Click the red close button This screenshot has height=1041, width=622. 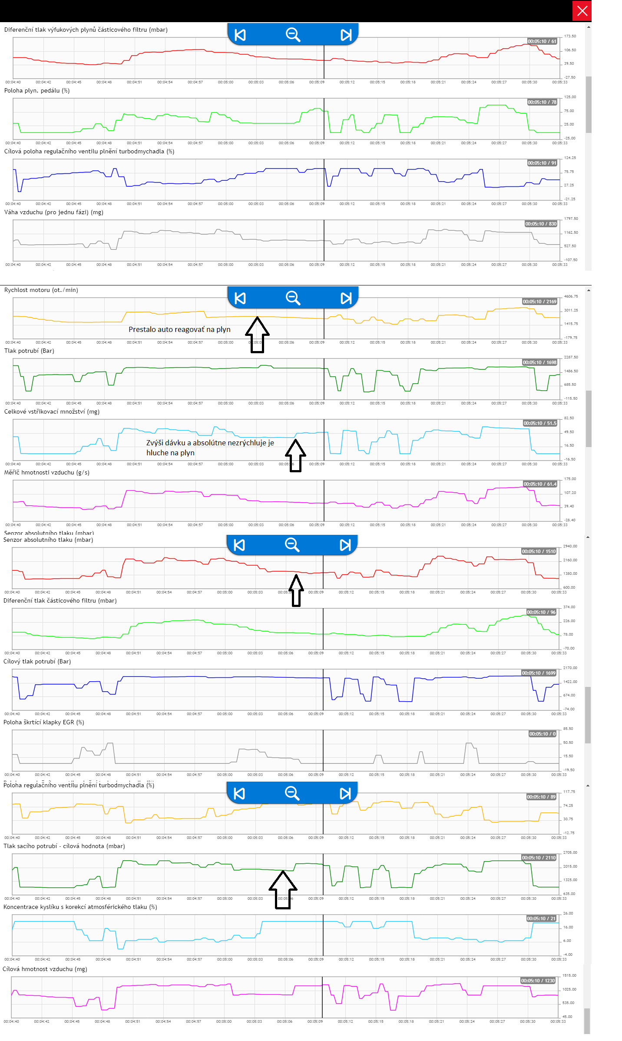[582, 11]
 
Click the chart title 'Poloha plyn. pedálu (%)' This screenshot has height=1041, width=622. [37, 90]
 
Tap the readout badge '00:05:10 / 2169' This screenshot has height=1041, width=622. [539, 302]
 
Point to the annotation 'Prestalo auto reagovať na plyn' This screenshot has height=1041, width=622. [179, 329]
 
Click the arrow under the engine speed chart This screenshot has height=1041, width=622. [257, 335]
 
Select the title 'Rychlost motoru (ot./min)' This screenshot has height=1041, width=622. [41, 290]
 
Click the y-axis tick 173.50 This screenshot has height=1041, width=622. [570, 36]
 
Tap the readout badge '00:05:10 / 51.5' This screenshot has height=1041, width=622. [540, 423]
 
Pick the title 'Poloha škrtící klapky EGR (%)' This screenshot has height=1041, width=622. [44, 722]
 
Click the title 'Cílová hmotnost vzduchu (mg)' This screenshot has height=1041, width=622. [45, 969]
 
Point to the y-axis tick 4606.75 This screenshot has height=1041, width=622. [571, 296]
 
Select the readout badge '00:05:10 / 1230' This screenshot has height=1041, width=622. [538, 981]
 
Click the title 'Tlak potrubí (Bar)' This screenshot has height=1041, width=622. [29, 351]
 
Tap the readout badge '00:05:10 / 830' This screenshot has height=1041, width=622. [541, 224]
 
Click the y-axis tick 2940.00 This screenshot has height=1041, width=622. [570, 546]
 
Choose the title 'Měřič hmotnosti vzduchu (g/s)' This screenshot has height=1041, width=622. [47, 472]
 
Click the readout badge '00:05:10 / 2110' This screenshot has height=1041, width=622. [539, 858]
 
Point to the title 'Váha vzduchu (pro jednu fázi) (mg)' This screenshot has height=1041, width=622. [54, 212]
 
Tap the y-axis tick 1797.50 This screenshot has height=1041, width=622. [571, 219]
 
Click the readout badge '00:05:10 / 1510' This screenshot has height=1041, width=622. [539, 551]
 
